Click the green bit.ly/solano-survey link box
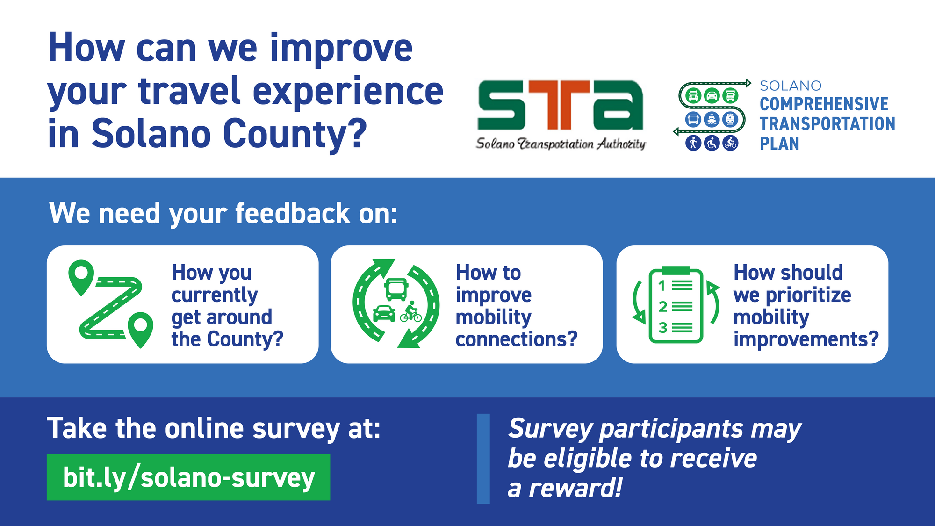(x=188, y=477)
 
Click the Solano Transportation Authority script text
(x=560, y=144)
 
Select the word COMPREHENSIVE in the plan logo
(x=824, y=104)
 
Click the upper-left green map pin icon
(x=81, y=276)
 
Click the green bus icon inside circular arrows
(x=396, y=289)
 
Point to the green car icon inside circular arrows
(x=384, y=313)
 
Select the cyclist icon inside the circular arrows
(x=411, y=312)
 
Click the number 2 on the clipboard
(x=662, y=307)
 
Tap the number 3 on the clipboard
(x=662, y=328)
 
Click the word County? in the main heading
(x=295, y=134)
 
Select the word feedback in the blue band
(x=293, y=214)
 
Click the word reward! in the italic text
(x=575, y=489)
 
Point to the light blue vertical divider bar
(x=483, y=458)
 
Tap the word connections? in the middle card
(x=517, y=339)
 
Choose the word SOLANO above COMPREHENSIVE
(x=790, y=86)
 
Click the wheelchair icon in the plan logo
(x=712, y=143)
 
